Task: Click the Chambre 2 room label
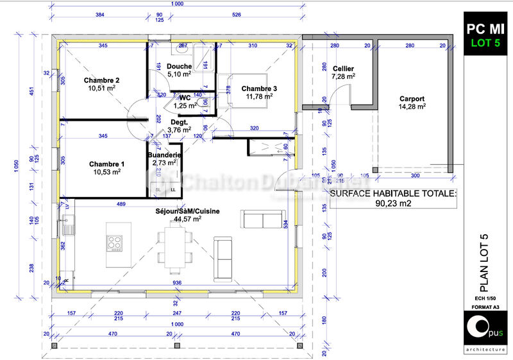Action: (x=102, y=80)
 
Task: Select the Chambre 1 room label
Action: (x=107, y=164)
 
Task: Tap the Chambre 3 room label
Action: (x=260, y=89)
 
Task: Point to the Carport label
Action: (x=412, y=99)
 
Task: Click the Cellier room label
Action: (x=344, y=69)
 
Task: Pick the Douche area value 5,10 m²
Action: (x=180, y=74)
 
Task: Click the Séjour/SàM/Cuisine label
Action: (x=188, y=211)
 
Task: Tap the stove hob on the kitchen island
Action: (x=115, y=243)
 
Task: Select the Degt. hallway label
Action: (x=179, y=121)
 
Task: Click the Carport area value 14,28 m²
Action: (x=412, y=107)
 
